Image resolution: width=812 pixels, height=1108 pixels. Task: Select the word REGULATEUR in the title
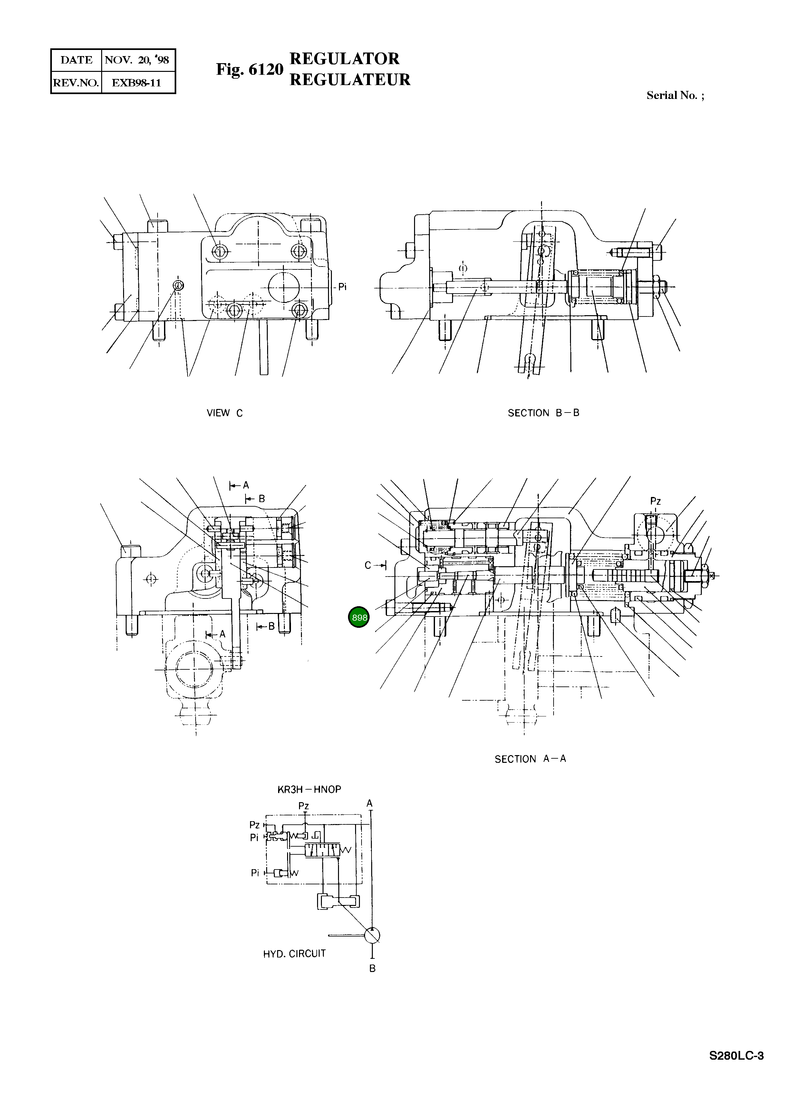[350, 80]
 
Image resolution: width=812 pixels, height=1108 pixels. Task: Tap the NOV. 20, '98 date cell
[137, 60]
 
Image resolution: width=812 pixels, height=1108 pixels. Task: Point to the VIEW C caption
[225, 413]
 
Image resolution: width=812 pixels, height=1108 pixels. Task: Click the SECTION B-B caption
[543, 413]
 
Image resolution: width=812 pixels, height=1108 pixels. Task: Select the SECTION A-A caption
[530, 759]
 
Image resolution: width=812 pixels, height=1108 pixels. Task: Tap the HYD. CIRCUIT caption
[295, 953]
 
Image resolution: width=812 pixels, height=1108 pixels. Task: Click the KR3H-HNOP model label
[309, 789]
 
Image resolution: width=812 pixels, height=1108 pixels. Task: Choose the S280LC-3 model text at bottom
[736, 1056]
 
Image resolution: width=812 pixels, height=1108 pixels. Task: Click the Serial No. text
[674, 95]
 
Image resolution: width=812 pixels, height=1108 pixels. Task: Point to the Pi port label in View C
[342, 287]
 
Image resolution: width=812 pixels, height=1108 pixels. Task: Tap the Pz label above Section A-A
[655, 501]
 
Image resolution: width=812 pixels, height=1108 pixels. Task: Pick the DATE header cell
[76, 60]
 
